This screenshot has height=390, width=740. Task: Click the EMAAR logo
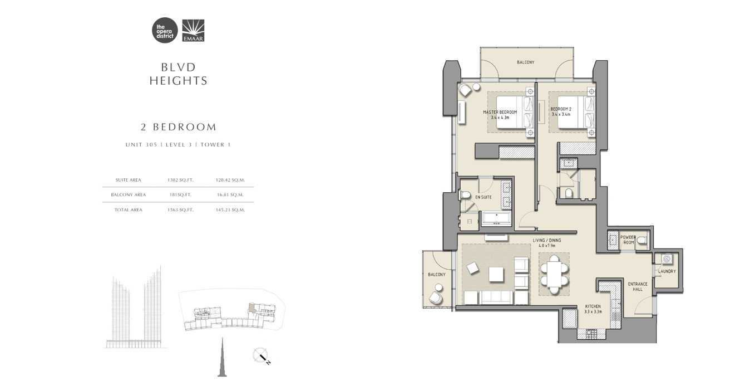(x=193, y=31)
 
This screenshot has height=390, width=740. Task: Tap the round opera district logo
(x=165, y=31)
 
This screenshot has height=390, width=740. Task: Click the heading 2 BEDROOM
(x=179, y=127)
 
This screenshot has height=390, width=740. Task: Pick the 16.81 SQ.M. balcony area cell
(x=230, y=195)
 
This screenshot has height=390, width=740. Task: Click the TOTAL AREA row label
(x=129, y=210)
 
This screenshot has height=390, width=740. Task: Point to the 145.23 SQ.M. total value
(x=230, y=210)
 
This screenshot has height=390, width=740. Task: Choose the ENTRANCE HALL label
(x=638, y=286)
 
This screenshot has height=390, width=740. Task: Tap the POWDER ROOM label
(x=628, y=240)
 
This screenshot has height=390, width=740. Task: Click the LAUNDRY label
(x=667, y=271)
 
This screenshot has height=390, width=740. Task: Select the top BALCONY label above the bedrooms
(x=525, y=62)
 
